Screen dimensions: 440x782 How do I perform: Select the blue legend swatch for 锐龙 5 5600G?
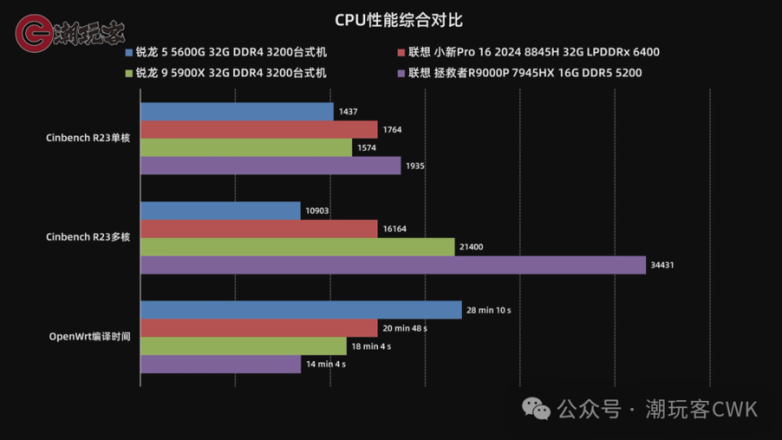point(129,53)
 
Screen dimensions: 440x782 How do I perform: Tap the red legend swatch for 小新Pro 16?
point(401,53)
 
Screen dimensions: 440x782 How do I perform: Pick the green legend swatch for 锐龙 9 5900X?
point(129,73)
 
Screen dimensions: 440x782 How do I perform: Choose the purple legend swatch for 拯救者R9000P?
point(401,73)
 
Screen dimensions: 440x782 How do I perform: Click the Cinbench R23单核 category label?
point(89,138)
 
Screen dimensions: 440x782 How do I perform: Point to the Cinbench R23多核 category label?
point(89,236)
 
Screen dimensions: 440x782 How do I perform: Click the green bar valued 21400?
point(297,247)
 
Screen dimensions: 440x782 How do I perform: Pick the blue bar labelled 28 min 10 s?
point(301,310)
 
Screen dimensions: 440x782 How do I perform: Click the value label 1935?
point(415,166)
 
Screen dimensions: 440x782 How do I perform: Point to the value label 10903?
point(318,211)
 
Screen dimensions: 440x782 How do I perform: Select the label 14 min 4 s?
point(326,364)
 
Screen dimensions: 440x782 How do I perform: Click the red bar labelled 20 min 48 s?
point(259,328)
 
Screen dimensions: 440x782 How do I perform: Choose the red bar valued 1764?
point(259,130)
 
